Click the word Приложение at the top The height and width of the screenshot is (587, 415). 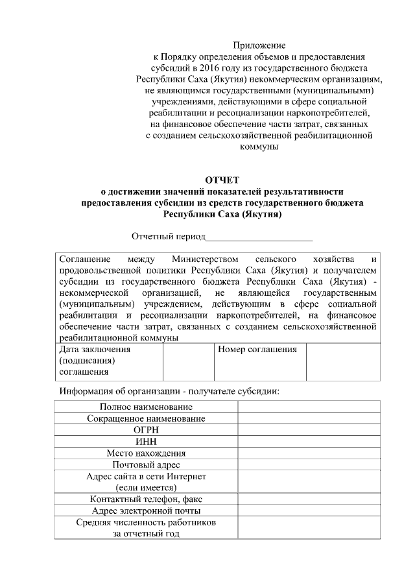(x=259, y=45)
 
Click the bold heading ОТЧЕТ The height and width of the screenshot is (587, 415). (x=222, y=180)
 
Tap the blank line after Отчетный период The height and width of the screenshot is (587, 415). (x=259, y=237)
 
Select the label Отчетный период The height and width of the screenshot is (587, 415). (x=169, y=237)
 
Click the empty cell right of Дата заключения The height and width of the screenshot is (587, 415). (x=189, y=361)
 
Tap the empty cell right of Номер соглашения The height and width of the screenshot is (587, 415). (x=342, y=361)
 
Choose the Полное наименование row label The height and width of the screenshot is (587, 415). (x=146, y=407)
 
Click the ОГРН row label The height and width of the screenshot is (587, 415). (x=146, y=430)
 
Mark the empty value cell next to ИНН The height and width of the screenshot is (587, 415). (x=309, y=442)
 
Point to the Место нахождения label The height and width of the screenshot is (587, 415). (x=146, y=453)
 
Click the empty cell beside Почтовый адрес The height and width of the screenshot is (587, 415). (x=309, y=465)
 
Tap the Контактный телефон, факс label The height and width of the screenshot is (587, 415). (x=146, y=499)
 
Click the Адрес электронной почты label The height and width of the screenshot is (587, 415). (x=146, y=511)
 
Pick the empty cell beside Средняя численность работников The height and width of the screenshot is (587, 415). (x=309, y=528)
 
